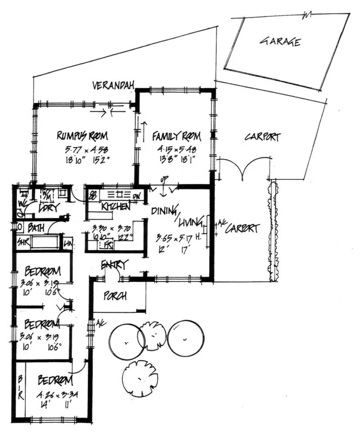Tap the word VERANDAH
pyautogui.click(x=115, y=86)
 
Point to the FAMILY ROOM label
pyautogui.click(x=176, y=136)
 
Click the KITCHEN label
pyautogui.click(x=115, y=207)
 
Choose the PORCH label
pyautogui.click(x=115, y=295)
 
